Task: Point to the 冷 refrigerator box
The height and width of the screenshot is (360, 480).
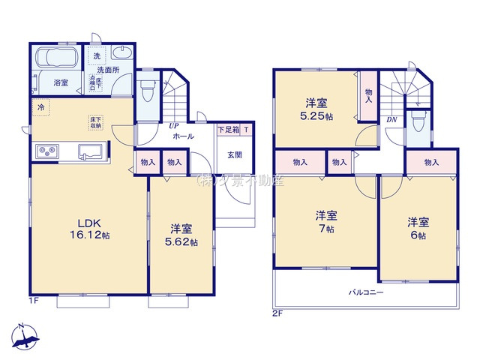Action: pyautogui.click(x=39, y=107)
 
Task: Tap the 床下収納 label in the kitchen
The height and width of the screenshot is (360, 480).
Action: pyautogui.click(x=96, y=122)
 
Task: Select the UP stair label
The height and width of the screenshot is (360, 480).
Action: pyautogui.click(x=173, y=125)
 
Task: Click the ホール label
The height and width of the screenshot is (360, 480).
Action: pyautogui.click(x=183, y=136)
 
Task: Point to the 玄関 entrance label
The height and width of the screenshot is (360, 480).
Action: pyautogui.click(x=235, y=154)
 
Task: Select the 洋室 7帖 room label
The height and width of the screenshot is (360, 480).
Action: pyautogui.click(x=325, y=221)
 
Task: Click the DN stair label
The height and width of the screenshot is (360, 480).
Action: pyautogui.click(x=391, y=119)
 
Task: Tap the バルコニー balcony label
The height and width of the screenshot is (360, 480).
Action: pyautogui.click(x=365, y=292)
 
